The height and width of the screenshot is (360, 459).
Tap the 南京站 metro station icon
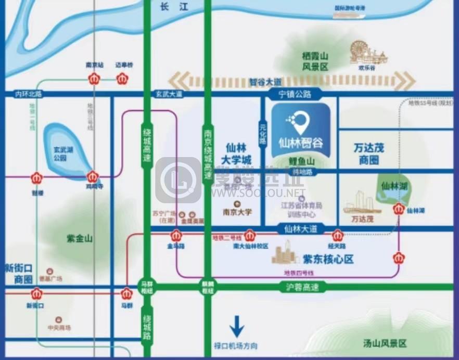[x=94, y=79]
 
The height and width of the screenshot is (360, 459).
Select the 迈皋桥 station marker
[x=124, y=79]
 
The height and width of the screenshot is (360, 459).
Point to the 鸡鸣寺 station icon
[x=93, y=177]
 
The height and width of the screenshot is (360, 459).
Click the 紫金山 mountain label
[x=80, y=238]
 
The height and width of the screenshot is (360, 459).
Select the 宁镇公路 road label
[x=295, y=94]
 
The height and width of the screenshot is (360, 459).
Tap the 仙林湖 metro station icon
[x=399, y=210]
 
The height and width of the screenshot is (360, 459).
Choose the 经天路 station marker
[x=337, y=235]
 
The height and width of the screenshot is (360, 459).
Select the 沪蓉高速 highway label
[x=302, y=287]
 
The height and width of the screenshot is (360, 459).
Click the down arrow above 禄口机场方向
[x=237, y=326]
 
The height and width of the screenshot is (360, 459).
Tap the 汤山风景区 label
[x=385, y=343]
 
